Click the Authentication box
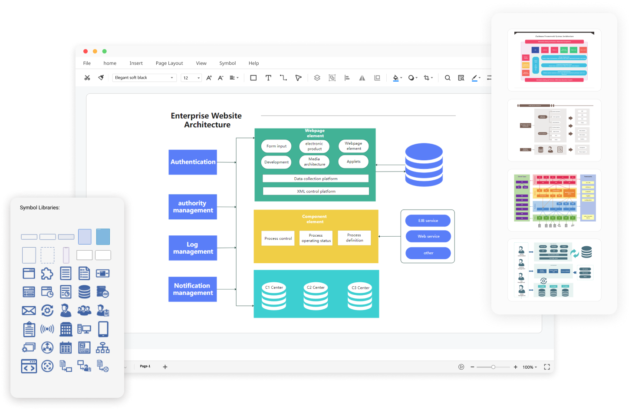pos(193,162)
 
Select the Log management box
pos(193,248)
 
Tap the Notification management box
pos(193,289)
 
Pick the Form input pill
pos(276,146)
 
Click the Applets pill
pos(353,162)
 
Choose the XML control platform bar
pos(316,191)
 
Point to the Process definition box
pos(354,238)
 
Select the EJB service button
pos(428,221)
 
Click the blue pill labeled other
pos(428,253)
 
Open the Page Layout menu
pos(169,63)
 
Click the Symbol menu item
pos(227,63)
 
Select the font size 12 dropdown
pos(191,78)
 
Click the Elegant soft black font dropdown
pos(144,78)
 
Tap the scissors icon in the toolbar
pos(87,78)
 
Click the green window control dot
pos(104,51)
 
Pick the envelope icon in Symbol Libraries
pos(29,311)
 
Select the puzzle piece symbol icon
pos(47,274)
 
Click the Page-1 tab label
pos(145,367)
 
